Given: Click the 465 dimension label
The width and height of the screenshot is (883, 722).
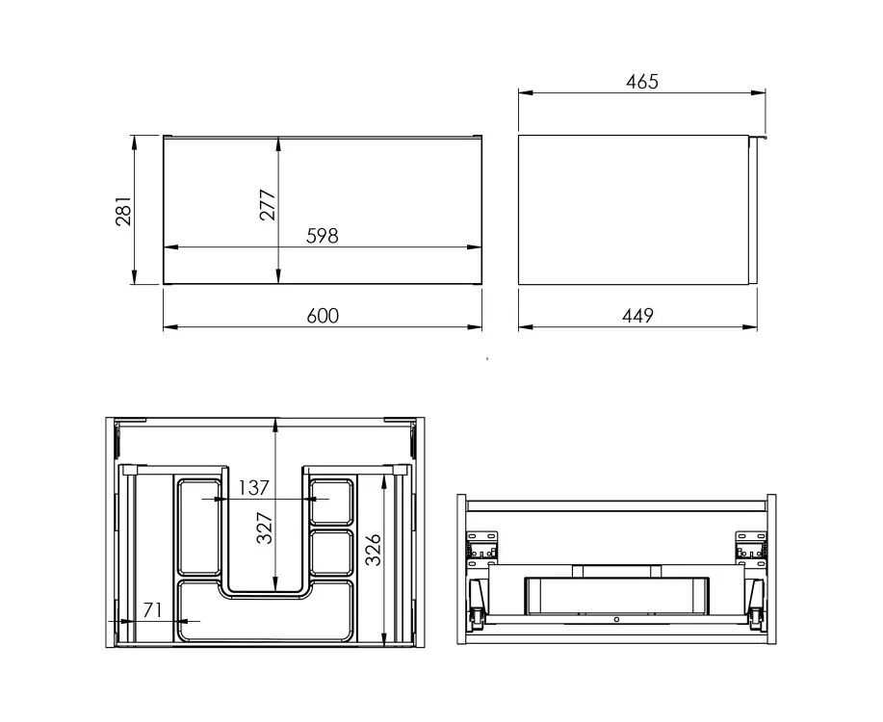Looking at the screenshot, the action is click(642, 82).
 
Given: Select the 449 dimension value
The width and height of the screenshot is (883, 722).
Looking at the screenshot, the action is click(637, 316).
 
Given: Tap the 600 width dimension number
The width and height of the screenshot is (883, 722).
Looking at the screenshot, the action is click(323, 316).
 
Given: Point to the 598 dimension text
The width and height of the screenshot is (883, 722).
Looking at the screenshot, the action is click(323, 236).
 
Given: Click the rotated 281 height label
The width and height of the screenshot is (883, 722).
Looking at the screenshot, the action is click(123, 211).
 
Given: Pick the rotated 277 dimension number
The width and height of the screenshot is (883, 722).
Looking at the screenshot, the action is click(268, 205).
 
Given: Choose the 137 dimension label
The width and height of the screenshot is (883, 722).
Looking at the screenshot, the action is click(253, 488).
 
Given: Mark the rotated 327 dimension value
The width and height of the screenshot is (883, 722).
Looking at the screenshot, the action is click(265, 528).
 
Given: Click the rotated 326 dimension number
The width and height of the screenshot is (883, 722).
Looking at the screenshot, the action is click(374, 550).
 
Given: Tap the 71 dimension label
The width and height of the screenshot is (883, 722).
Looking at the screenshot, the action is click(152, 610).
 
